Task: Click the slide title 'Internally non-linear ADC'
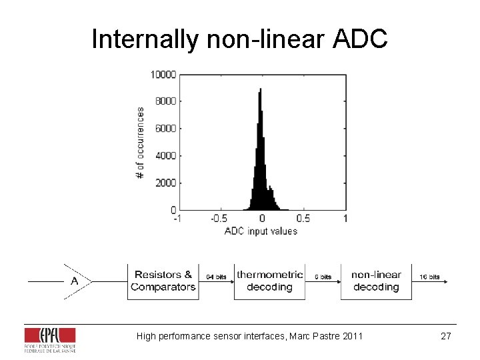point(239,39)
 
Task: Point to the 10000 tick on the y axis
point(163,74)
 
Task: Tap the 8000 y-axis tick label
point(165,101)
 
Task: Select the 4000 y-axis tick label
point(165,155)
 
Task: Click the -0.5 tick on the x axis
point(218,218)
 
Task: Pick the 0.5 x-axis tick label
point(303,218)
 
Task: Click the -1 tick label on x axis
point(176,218)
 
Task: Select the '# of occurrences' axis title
point(141,142)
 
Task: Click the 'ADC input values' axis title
point(261,231)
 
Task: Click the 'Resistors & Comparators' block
point(163,281)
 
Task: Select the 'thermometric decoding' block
point(269,281)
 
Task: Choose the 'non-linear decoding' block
point(376,281)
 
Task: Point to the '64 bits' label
point(215,277)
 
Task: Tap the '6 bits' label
point(323,277)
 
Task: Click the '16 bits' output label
point(429,277)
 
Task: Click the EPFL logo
point(50,339)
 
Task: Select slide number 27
point(446,336)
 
